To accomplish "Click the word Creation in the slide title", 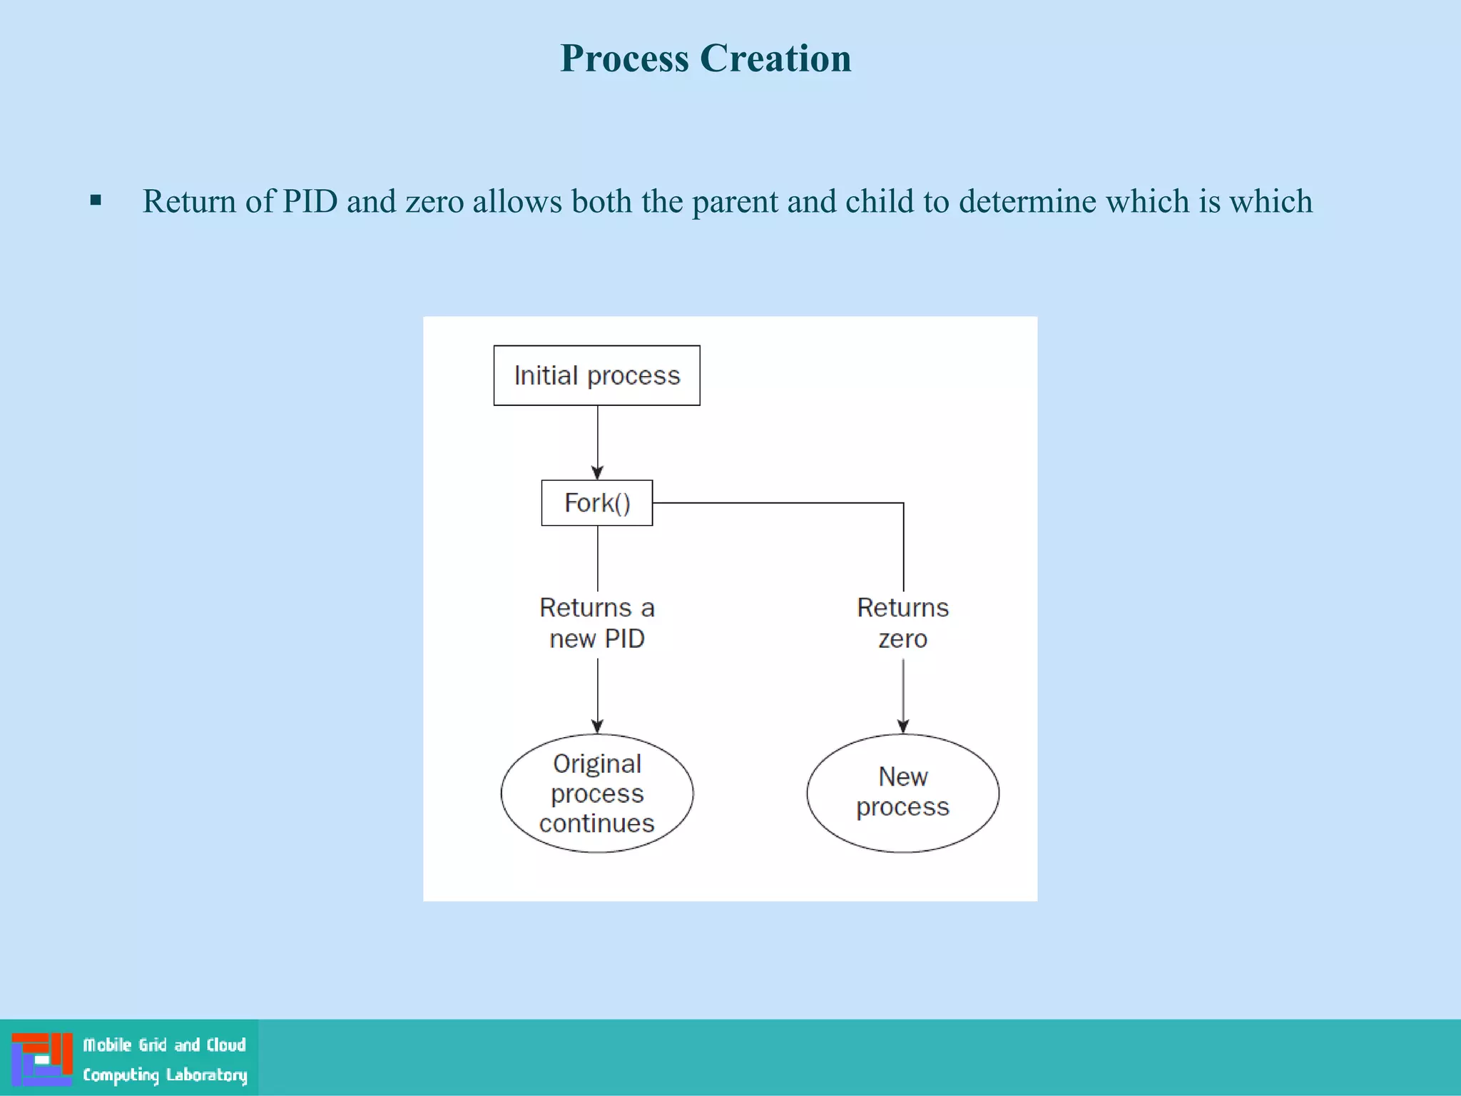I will pyautogui.click(x=775, y=58).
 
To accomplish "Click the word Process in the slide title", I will pyautogui.click(x=624, y=58).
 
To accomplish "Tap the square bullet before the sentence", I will pyautogui.click(x=96, y=201).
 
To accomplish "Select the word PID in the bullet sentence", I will pyautogui.click(x=310, y=201).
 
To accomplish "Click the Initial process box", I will pyautogui.click(x=596, y=375).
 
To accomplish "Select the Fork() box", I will pyautogui.click(x=596, y=503).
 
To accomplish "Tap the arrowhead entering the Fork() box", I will pyautogui.click(x=598, y=472).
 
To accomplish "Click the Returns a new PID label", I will pyautogui.click(x=597, y=623).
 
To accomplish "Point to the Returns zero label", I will pyautogui.click(x=902, y=623).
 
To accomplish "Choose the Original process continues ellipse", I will pyautogui.click(x=597, y=793).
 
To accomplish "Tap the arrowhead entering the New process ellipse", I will pyautogui.click(x=903, y=726).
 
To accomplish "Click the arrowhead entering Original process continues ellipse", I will pyautogui.click(x=598, y=726).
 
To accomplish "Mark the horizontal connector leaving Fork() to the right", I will pyautogui.click(x=778, y=503).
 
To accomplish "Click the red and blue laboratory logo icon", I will pyautogui.click(x=42, y=1059).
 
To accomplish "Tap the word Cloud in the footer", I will pyautogui.click(x=226, y=1045).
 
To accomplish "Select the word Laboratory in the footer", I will pyautogui.click(x=206, y=1075).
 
